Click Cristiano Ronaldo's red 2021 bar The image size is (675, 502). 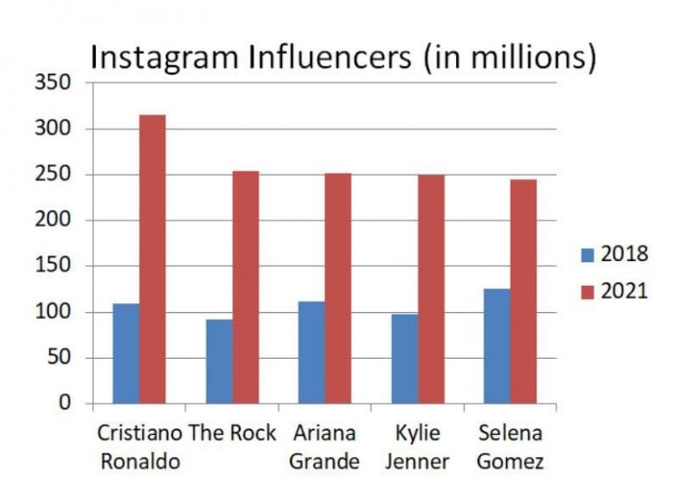point(152,259)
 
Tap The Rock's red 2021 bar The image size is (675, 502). point(245,287)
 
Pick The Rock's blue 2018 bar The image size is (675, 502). point(219,361)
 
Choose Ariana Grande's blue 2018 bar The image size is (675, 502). point(311,353)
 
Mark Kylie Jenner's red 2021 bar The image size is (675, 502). point(431,288)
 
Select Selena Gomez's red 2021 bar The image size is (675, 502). point(523,291)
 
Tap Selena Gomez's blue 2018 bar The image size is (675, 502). point(497,346)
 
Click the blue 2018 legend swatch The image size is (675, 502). point(587,255)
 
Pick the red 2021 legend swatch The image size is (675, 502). point(587,291)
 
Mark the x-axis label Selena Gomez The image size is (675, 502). point(510,447)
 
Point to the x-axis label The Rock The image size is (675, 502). point(232,433)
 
